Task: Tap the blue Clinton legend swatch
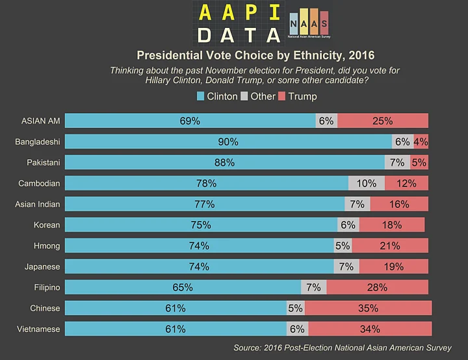(x=201, y=96)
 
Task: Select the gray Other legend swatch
(x=244, y=96)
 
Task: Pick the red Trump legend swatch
(x=282, y=96)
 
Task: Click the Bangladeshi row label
(x=38, y=142)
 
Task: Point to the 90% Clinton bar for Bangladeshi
(x=228, y=142)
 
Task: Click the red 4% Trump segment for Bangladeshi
(x=421, y=142)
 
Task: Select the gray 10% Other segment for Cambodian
(x=367, y=183)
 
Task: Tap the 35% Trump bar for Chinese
(x=368, y=308)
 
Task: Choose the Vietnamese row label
(x=38, y=329)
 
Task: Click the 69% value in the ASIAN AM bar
(x=190, y=121)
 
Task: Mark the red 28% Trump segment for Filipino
(x=377, y=287)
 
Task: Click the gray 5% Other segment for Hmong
(x=343, y=246)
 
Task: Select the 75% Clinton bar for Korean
(x=201, y=225)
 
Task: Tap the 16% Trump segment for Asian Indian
(x=398, y=204)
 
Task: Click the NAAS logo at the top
(x=308, y=24)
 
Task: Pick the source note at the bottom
(x=342, y=348)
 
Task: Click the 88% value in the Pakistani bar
(x=224, y=162)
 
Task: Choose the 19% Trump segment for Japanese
(x=393, y=266)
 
